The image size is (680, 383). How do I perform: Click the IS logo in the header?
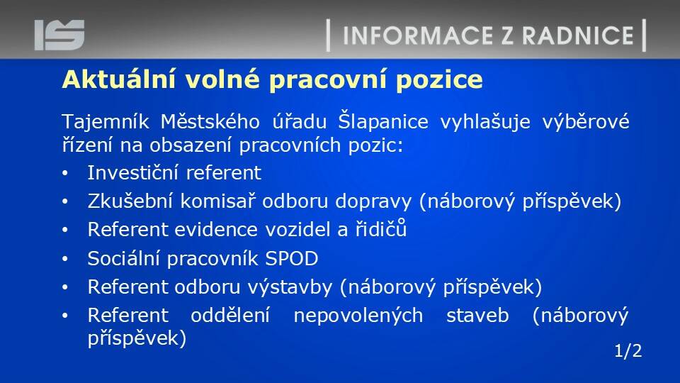click(x=59, y=35)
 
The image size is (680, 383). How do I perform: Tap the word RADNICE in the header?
click(x=578, y=35)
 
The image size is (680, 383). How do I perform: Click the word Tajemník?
click(x=106, y=121)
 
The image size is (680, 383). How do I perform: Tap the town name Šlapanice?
click(x=383, y=121)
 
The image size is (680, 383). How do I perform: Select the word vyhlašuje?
click(x=484, y=121)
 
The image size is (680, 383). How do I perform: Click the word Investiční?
click(x=132, y=172)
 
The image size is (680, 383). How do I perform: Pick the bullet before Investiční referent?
click(x=65, y=174)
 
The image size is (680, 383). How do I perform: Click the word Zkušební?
click(x=130, y=201)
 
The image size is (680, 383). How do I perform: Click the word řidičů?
click(x=381, y=228)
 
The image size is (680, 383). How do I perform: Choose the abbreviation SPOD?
click(x=291, y=259)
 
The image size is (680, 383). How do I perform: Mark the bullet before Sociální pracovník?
click(x=65, y=260)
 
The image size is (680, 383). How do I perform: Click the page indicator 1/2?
click(x=628, y=351)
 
